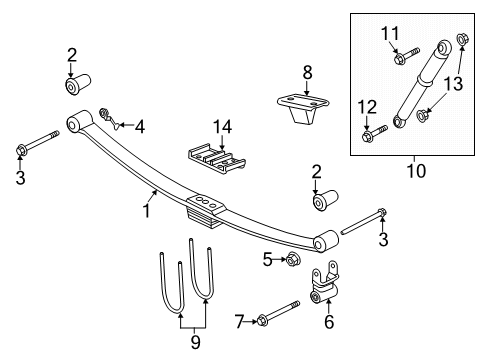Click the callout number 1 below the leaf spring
[x=146, y=210]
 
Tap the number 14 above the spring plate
[x=222, y=125]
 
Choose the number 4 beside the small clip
[x=140, y=126]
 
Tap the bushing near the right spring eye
[x=323, y=205]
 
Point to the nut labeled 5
[x=294, y=260]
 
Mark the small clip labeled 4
[x=113, y=125]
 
